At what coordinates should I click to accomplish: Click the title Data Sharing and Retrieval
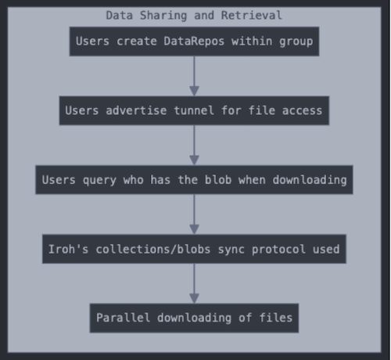tap(194, 16)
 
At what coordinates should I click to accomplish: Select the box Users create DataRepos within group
tap(194, 41)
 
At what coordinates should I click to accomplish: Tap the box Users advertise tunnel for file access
tap(194, 110)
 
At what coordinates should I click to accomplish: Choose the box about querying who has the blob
tap(194, 180)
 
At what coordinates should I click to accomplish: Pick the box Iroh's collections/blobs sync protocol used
tap(194, 249)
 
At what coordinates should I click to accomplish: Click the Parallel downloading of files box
tap(194, 318)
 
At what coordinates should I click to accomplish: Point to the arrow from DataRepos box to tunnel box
tap(194, 76)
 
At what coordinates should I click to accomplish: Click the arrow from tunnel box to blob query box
tap(194, 146)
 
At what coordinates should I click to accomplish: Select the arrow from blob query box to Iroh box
tap(194, 214)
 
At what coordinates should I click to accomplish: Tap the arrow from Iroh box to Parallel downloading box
tap(194, 283)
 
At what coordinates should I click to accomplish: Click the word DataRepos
tap(194, 41)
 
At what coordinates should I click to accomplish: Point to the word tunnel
tap(194, 110)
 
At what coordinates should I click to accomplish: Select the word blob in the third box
tap(218, 180)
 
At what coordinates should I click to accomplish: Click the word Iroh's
tap(69, 249)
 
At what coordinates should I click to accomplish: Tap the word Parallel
tap(124, 318)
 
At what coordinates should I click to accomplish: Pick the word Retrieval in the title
tap(252, 16)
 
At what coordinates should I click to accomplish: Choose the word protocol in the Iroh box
tap(278, 250)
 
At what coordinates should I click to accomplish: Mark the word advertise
tap(136, 110)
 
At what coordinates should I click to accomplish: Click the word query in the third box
tap(99, 181)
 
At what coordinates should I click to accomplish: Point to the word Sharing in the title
tap(163, 16)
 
